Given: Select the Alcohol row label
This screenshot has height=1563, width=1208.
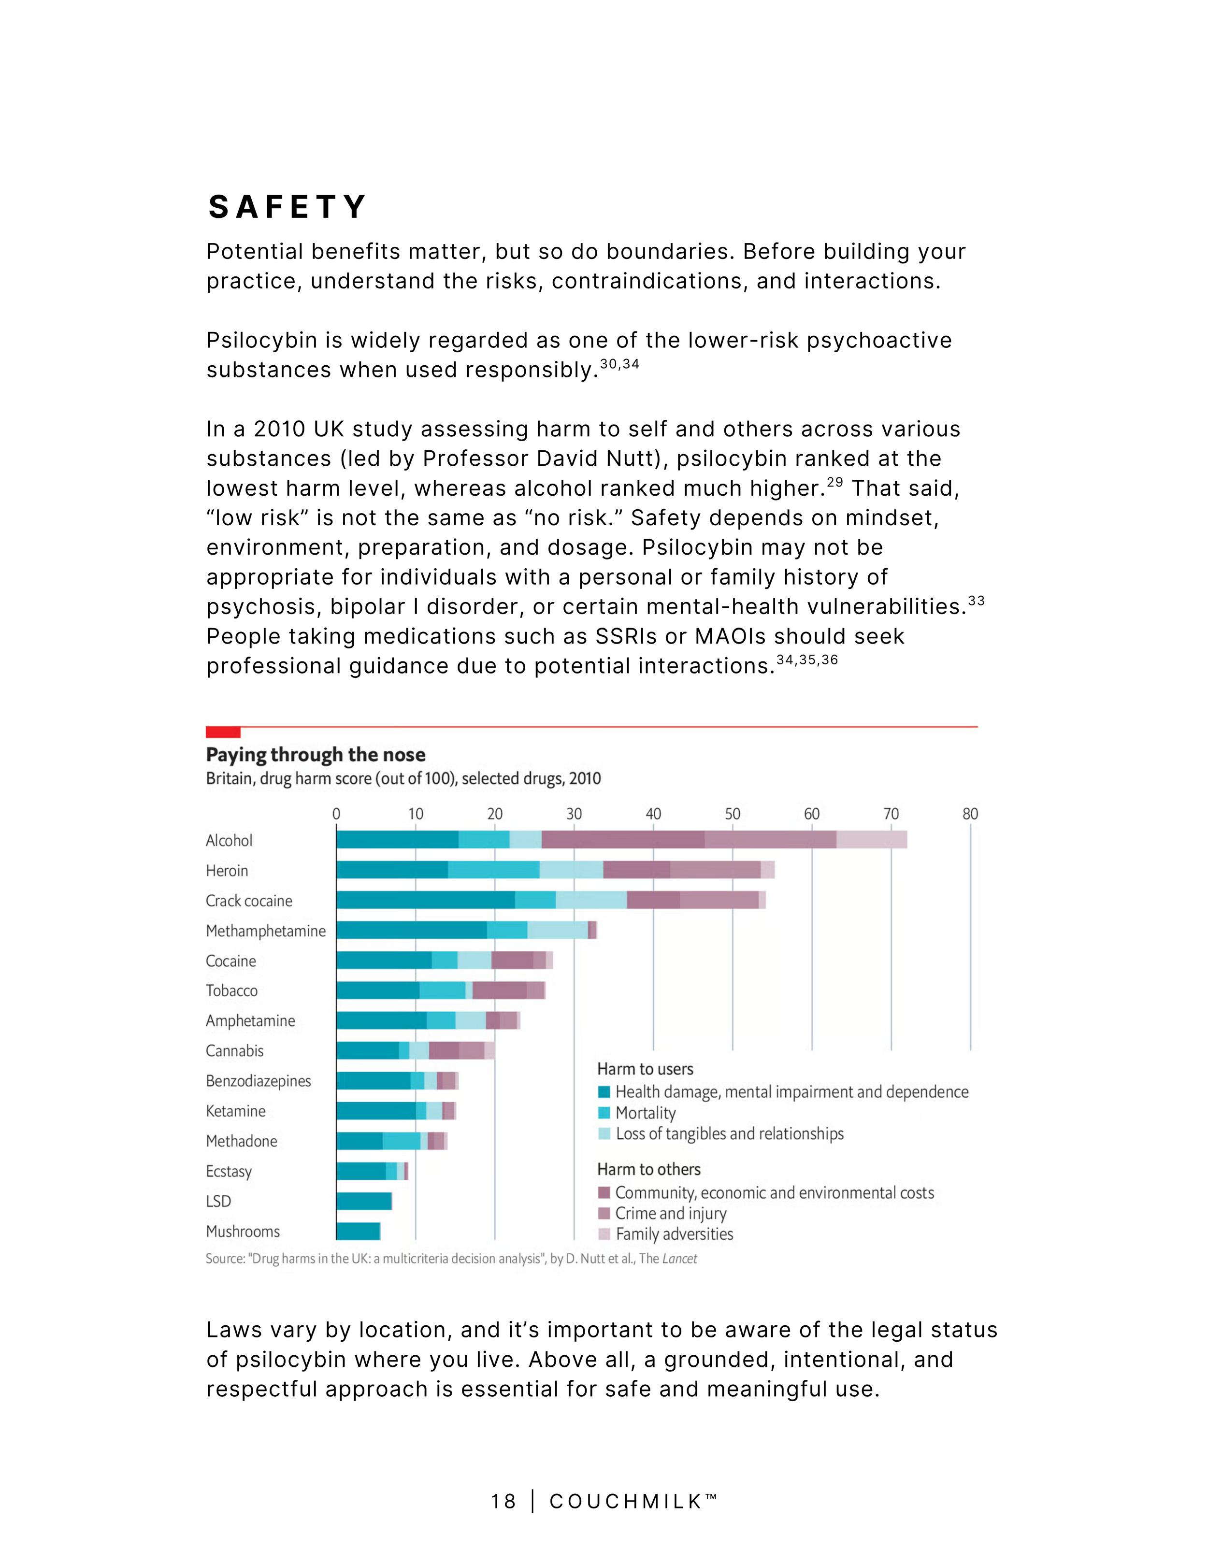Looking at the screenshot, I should (x=229, y=840).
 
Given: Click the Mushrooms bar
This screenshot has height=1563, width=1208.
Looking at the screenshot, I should (x=358, y=1231).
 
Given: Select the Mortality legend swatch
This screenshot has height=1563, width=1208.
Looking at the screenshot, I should (x=604, y=1113).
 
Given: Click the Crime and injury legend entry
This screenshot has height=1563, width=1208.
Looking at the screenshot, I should (x=671, y=1213).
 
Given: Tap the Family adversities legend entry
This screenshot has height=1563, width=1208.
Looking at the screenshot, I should (x=674, y=1234).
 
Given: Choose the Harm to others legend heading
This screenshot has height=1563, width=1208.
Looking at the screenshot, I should (x=648, y=1169).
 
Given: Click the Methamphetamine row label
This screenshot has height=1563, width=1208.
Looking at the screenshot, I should (x=265, y=931).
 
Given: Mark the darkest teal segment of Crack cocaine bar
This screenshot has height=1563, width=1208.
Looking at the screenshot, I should (x=425, y=900).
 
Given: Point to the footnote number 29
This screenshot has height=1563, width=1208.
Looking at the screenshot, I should (x=834, y=482).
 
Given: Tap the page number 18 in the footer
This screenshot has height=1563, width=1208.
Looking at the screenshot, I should (x=503, y=1502).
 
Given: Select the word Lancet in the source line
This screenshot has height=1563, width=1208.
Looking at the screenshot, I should (x=679, y=1258).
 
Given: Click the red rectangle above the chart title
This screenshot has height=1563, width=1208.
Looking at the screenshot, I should (x=223, y=732).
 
